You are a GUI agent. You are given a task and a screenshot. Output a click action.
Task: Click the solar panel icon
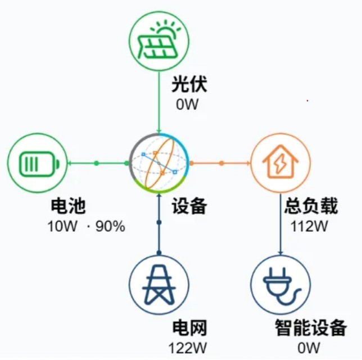[x=159, y=41]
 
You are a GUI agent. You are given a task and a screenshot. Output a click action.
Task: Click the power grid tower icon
[x=159, y=285]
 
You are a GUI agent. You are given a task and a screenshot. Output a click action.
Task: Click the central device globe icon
[x=159, y=163]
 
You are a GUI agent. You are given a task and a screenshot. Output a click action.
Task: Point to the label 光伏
[x=189, y=84]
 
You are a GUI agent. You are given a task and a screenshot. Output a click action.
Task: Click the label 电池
[x=68, y=205]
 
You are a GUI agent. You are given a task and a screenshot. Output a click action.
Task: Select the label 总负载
[x=311, y=205]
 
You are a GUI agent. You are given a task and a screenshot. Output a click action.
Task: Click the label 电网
[x=189, y=327]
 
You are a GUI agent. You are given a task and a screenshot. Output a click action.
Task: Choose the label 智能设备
[x=311, y=327]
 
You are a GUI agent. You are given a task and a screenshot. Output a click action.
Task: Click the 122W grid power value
[x=188, y=348]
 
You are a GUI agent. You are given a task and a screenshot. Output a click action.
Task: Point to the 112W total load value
[x=309, y=226]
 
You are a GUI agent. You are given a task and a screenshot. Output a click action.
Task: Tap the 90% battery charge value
[x=110, y=226]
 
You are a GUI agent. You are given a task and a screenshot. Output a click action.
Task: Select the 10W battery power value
[x=62, y=226]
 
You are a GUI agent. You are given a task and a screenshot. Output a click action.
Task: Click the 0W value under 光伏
[x=187, y=105]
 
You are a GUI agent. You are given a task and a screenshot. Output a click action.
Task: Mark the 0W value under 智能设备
[x=309, y=348]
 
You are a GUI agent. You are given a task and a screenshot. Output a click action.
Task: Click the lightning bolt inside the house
[x=280, y=164]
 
